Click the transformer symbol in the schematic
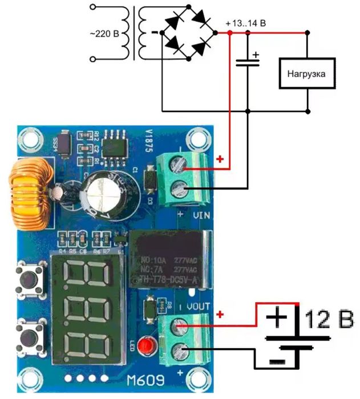(136, 33)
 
